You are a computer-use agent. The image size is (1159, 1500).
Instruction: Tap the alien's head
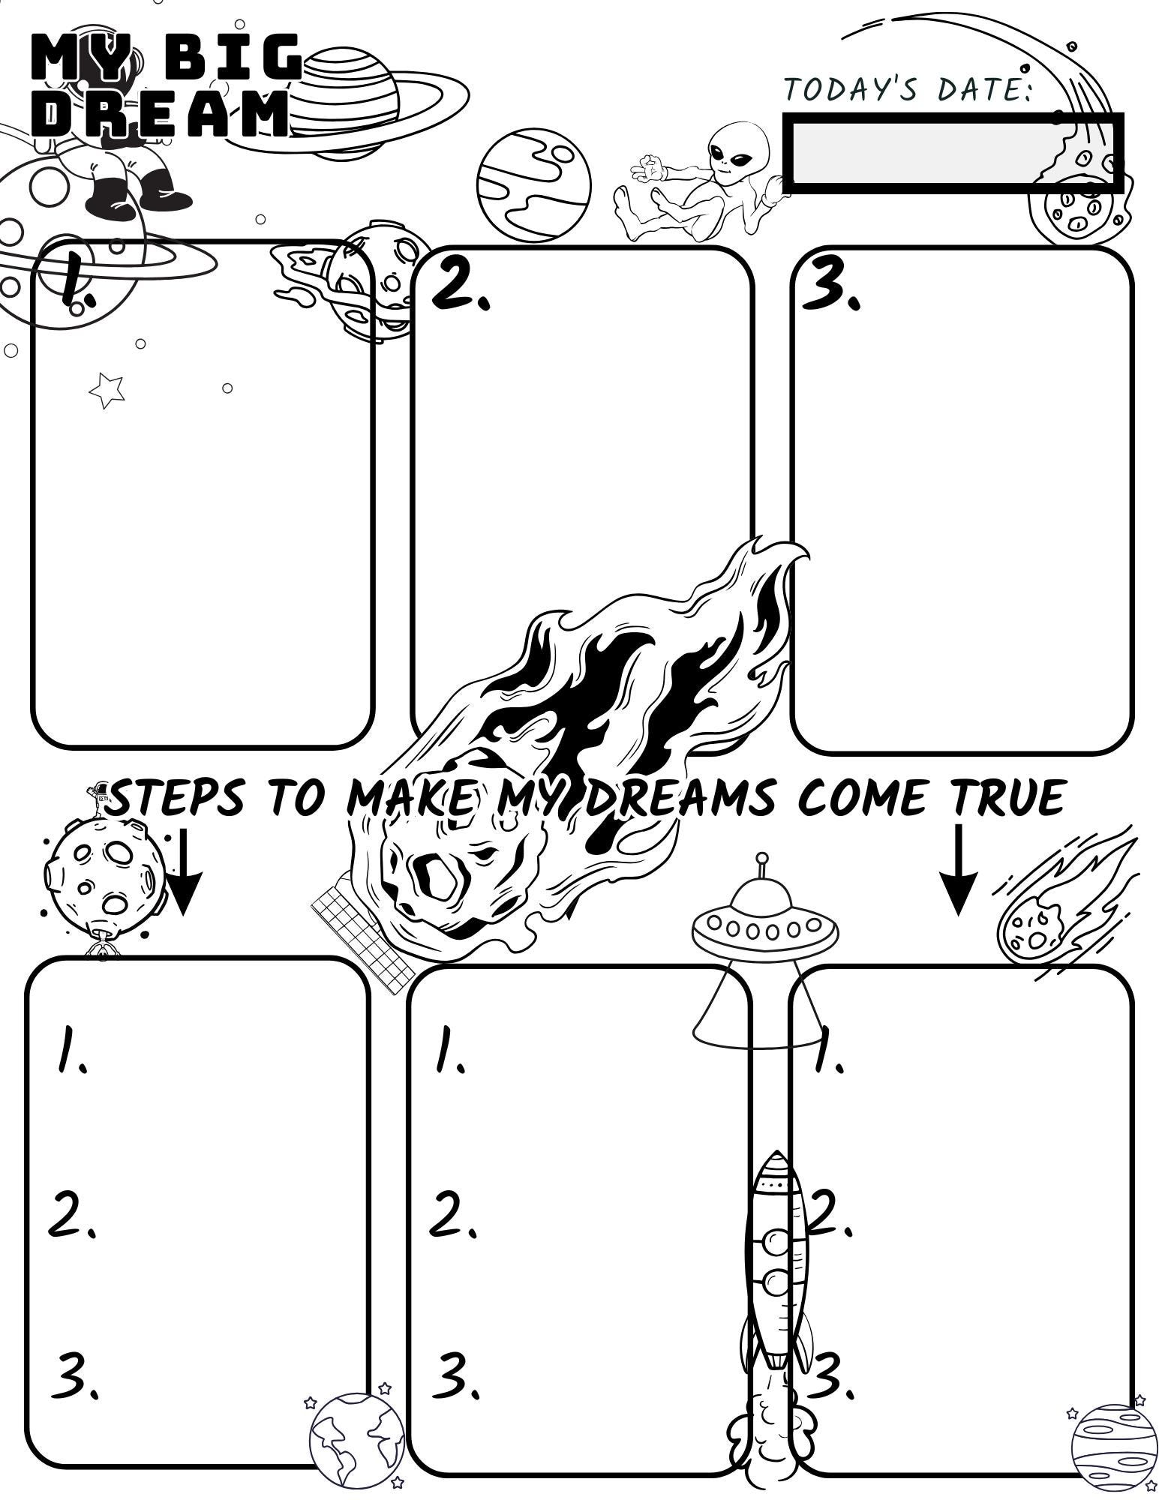738,146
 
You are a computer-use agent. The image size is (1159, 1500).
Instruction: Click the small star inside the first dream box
106,389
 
